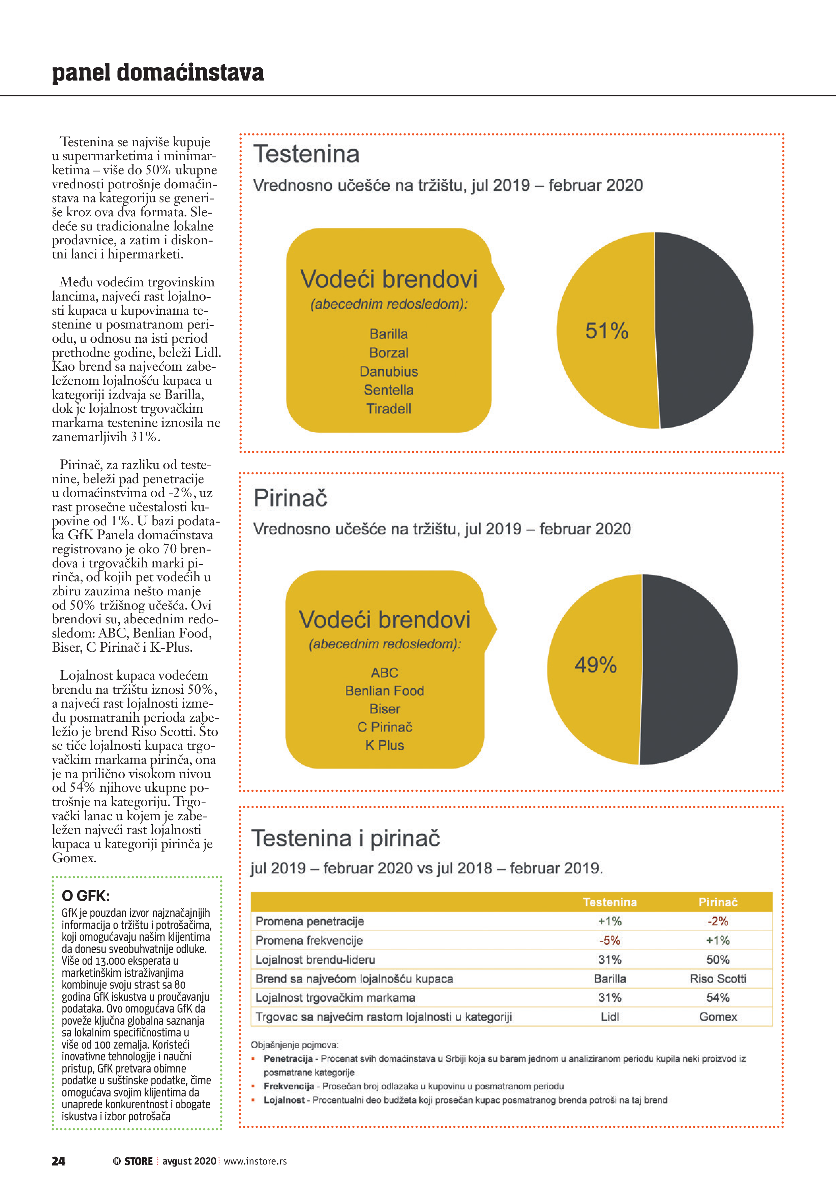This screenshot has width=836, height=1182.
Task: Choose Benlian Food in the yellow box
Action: [x=384, y=691]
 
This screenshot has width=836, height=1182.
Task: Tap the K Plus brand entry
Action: [x=384, y=745]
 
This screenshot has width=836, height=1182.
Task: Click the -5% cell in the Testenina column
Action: [x=609, y=940]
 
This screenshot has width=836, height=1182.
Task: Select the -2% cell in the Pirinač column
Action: [x=718, y=922]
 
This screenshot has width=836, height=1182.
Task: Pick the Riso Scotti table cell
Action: [x=718, y=978]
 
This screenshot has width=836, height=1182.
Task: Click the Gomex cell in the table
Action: [x=718, y=1017]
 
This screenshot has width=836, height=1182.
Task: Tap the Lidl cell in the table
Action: [x=609, y=1017]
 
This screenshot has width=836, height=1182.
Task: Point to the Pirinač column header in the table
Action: [x=718, y=902]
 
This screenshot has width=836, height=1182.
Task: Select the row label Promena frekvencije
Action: [x=309, y=940]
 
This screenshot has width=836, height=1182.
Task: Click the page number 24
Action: [x=59, y=1161]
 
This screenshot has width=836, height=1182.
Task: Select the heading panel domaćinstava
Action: [x=158, y=72]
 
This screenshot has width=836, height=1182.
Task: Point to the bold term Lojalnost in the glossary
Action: [x=284, y=1100]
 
